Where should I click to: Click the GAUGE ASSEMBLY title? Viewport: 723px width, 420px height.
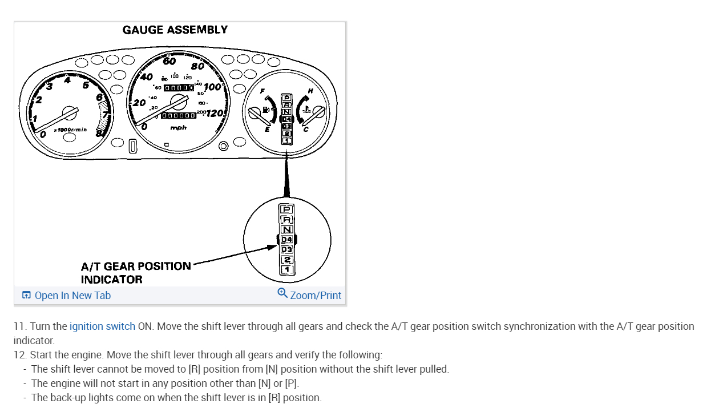[x=175, y=30]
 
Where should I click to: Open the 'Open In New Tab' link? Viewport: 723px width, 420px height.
[x=72, y=296]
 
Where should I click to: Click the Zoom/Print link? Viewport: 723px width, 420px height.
[x=316, y=296]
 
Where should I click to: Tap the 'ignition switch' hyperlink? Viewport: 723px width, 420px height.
[x=102, y=326]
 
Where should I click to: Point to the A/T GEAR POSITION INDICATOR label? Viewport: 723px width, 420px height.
[x=136, y=273]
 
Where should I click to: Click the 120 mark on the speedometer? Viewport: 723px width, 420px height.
[x=215, y=113]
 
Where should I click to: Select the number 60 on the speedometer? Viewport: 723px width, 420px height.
[x=169, y=62]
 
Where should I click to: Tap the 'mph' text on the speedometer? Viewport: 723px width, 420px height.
[x=178, y=128]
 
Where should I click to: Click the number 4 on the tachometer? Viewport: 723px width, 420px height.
[x=67, y=80]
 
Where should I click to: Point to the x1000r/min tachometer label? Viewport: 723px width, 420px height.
[x=70, y=130]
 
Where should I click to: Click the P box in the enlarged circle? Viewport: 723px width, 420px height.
[x=286, y=209]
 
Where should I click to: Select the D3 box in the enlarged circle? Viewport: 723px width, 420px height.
[x=286, y=249]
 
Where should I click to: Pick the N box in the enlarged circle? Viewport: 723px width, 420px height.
[x=286, y=229]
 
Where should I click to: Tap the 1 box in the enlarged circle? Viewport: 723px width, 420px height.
[x=286, y=269]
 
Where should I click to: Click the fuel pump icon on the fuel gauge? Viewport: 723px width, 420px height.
[x=266, y=108]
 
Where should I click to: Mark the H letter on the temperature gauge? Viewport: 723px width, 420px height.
[x=310, y=91]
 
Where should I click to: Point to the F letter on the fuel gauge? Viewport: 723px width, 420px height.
[x=262, y=91]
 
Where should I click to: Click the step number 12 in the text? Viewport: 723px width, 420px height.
[x=20, y=355]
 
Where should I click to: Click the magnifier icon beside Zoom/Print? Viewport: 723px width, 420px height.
[x=282, y=293]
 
